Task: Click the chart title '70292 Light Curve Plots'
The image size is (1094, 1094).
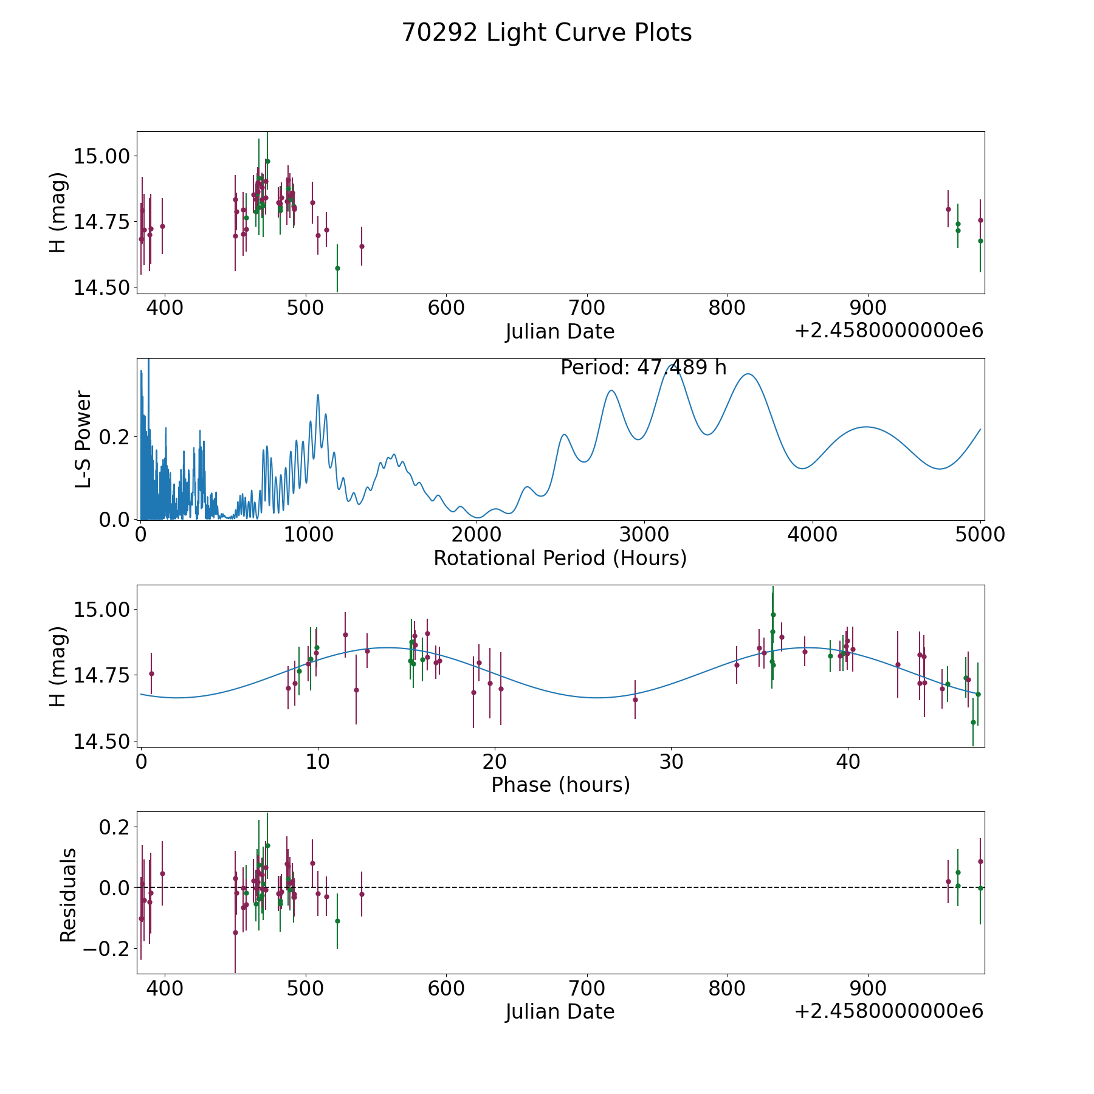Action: tap(546, 33)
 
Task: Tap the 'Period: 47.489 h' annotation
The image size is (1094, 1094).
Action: tap(643, 368)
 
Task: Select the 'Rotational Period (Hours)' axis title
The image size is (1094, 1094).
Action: tap(560, 558)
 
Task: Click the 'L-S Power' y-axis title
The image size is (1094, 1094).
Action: tap(83, 439)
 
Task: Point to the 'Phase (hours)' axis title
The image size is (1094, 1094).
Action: tap(560, 785)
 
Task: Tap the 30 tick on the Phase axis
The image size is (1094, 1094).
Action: tap(671, 762)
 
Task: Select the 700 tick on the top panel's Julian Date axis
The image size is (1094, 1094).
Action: tap(587, 308)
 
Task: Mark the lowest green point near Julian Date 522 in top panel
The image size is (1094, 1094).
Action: tap(337, 268)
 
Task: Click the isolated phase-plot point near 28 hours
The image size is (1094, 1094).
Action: tap(635, 700)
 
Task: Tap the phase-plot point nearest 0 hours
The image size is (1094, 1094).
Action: tap(151, 673)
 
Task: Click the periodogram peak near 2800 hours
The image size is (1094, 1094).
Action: tap(611, 390)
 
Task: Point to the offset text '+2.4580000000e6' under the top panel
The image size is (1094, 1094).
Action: tap(889, 331)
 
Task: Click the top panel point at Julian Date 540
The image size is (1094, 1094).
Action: tap(362, 246)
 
